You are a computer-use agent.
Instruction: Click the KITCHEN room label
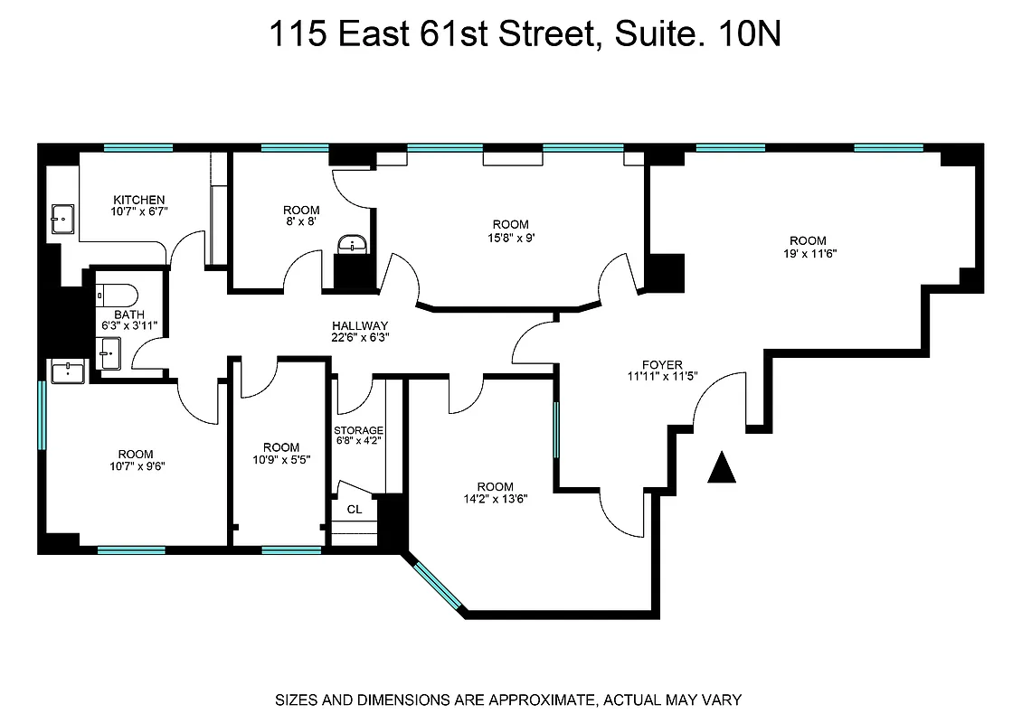[x=138, y=200]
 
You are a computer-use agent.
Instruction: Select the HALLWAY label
[x=359, y=326]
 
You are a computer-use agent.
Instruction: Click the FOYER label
[x=662, y=364]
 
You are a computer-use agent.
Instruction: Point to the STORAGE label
[x=358, y=430]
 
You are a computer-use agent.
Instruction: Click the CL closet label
[x=355, y=510]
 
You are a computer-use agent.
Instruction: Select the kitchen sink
[x=62, y=218]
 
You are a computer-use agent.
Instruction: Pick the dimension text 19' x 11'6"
[x=808, y=254]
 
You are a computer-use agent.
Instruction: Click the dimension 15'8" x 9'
[x=510, y=238]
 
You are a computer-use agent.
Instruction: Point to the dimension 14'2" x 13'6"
[x=495, y=499]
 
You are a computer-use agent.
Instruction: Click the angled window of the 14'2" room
[x=439, y=587]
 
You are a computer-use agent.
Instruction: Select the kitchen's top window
[x=137, y=147]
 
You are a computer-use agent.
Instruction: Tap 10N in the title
[x=750, y=35]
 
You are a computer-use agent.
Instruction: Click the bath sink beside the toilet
[x=109, y=351]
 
